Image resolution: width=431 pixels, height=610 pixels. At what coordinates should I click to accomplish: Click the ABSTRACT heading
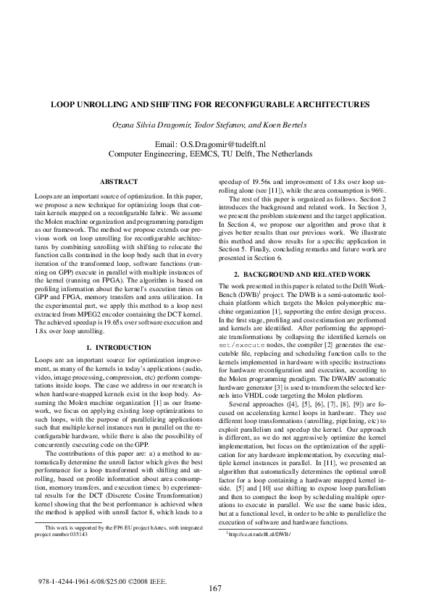point(113,180)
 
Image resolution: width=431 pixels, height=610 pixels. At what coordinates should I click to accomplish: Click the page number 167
point(215,588)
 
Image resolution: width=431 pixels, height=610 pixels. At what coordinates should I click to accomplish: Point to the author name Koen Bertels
point(267,125)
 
